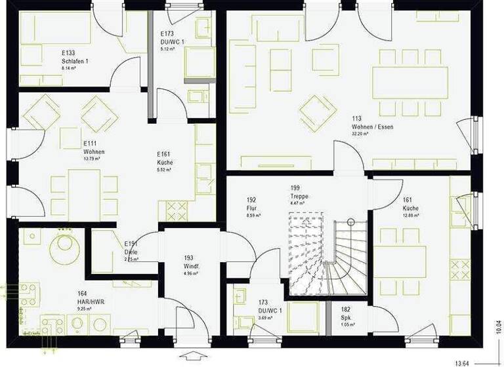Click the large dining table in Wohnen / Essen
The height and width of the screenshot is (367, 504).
point(409,83)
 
